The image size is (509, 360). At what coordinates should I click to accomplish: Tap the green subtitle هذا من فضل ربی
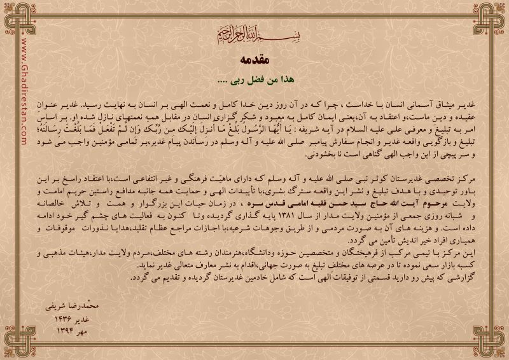pyautogui.click(x=254, y=80)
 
